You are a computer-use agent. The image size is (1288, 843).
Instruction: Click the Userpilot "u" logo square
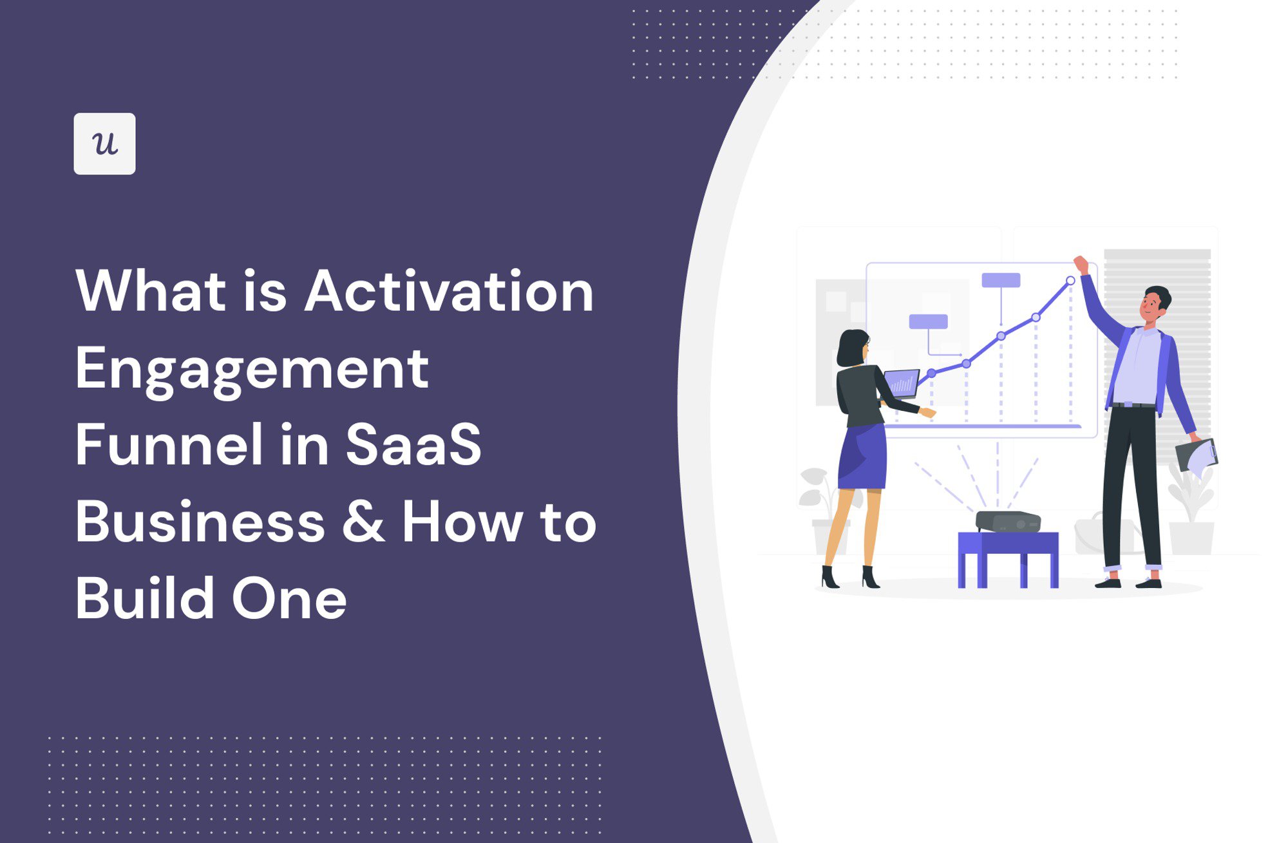(104, 144)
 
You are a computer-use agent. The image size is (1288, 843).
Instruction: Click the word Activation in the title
(449, 291)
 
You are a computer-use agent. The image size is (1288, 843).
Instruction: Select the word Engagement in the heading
(252, 370)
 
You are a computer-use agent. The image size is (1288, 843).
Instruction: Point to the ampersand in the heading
(363, 522)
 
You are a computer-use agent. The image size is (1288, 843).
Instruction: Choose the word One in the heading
(289, 599)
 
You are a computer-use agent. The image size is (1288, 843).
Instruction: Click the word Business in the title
(200, 522)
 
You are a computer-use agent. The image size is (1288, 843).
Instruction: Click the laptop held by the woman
(902, 383)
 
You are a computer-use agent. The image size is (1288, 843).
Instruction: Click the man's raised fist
(1081, 264)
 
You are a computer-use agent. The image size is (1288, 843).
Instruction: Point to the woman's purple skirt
(863, 457)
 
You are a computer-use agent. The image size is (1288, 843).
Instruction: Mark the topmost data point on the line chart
(1070, 281)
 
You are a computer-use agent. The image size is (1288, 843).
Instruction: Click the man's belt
(1133, 405)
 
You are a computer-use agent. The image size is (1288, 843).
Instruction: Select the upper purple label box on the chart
(1001, 280)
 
